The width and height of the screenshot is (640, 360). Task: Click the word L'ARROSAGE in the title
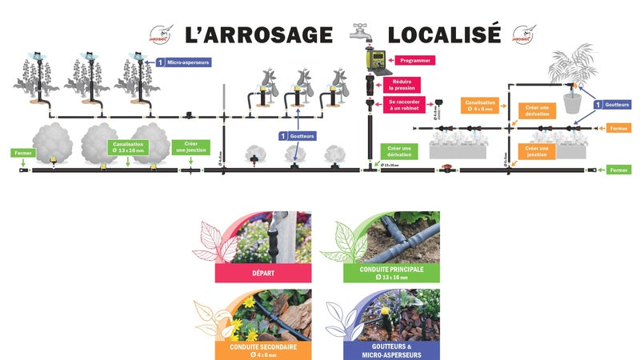(x=258, y=34)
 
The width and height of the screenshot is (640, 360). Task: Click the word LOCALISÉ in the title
(x=444, y=34)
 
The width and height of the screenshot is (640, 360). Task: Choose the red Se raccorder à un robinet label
(x=404, y=105)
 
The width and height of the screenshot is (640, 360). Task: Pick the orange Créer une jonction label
(x=536, y=150)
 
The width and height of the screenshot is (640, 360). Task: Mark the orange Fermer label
(x=620, y=128)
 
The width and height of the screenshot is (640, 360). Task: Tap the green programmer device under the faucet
(x=372, y=59)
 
